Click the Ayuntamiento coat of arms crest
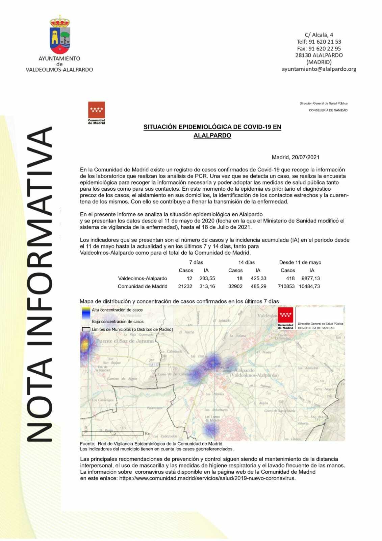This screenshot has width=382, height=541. (60, 35)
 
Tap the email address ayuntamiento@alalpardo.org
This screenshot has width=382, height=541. (319, 69)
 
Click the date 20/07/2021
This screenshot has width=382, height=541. (305, 157)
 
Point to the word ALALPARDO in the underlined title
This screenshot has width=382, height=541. (212, 136)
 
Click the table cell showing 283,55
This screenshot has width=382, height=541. (207, 278)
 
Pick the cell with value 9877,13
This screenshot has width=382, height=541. (310, 278)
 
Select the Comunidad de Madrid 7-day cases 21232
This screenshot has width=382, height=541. (185, 286)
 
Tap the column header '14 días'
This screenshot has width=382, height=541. (247, 262)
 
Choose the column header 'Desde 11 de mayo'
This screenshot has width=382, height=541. (300, 262)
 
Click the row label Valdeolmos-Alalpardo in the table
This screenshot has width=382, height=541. (143, 278)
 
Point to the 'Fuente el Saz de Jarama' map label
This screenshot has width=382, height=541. (125, 341)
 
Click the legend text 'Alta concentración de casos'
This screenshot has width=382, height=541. (117, 310)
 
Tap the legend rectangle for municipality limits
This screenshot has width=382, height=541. (86, 329)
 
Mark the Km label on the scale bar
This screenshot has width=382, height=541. (148, 433)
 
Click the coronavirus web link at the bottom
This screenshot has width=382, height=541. (207, 478)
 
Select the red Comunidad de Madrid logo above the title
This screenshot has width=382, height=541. (96, 110)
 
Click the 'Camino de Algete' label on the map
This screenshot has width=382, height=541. (122, 379)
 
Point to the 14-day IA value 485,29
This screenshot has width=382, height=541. (258, 286)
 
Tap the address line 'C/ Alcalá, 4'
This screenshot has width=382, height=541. (319, 35)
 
